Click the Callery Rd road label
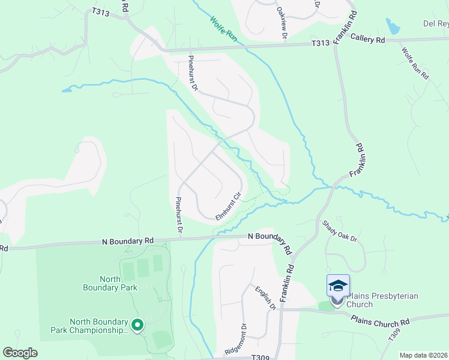click(x=372, y=40)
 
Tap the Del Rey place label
click(x=436, y=24)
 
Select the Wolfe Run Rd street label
click(x=415, y=64)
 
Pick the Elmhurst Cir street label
click(x=228, y=206)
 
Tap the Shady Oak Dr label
click(x=340, y=231)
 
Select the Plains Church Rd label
click(x=381, y=320)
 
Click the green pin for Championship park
click(x=137, y=326)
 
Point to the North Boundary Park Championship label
click(x=98, y=326)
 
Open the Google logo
click(x=20, y=353)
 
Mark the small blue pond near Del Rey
click(x=393, y=26)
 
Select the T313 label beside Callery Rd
click(x=321, y=43)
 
